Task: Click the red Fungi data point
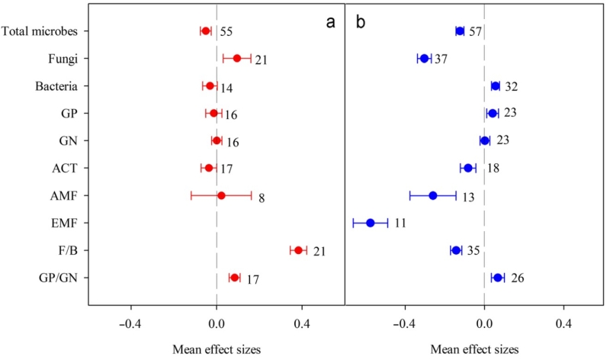[237, 58]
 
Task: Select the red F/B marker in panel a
[298, 250]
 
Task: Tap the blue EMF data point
[371, 223]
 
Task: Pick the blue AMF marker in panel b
[433, 195]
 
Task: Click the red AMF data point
[221, 195]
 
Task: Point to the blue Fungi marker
[424, 58]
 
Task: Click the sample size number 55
[226, 32]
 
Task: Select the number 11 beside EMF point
[400, 224]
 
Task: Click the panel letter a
[331, 21]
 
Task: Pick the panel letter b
[361, 21]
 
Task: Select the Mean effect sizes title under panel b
[474, 349]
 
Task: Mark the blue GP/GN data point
[498, 278]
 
